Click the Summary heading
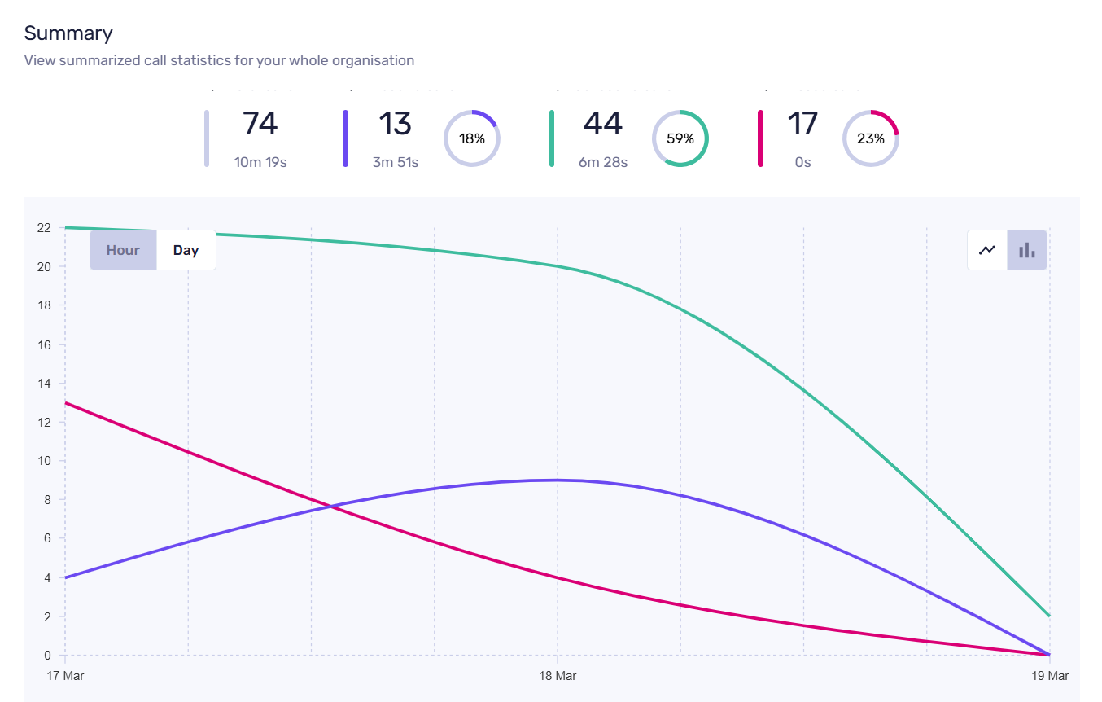[x=68, y=33]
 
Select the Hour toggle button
[x=123, y=250]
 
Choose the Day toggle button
[x=186, y=250]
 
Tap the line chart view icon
[x=987, y=250]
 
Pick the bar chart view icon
[x=1027, y=250]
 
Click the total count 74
[x=260, y=124]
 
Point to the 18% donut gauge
[x=472, y=138]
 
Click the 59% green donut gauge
[x=680, y=138]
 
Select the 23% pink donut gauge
[x=870, y=138]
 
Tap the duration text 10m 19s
[x=260, y=162]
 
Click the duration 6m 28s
[x=603, y=162]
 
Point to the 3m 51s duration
[x=396, y=162]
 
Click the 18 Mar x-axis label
[x=558, y=676]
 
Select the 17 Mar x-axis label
[x=65, y=676]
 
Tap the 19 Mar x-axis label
[x=1050, y=676]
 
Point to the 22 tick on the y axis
[x=44, y=227]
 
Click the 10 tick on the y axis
[x=44, y=461]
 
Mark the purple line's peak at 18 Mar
[x=558, y=480]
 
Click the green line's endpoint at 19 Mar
[x=1050, y=616]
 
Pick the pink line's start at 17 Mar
[x=65, y=402]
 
